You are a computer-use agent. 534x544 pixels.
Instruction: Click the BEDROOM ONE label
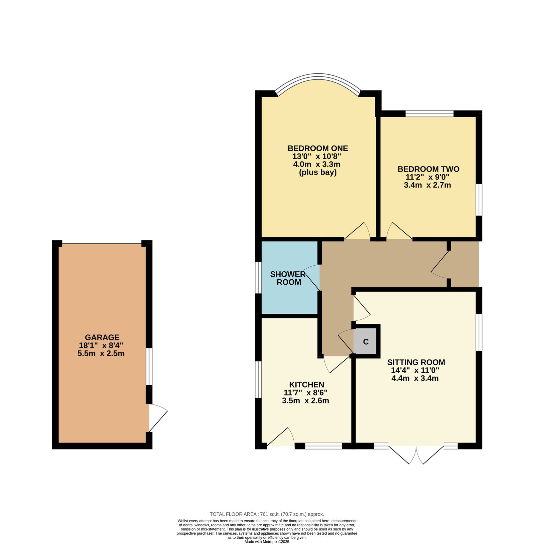[x=318, y=148]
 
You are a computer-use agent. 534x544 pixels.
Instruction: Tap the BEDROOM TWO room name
[x=428, y=169]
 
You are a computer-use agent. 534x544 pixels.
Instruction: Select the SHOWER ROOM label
[x=288, y=278]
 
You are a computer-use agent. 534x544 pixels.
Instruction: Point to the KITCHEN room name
[x=306, y=384]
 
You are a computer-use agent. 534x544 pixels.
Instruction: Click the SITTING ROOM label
[x=416, y=362]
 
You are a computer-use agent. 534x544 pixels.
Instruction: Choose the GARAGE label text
[x=102, y=337]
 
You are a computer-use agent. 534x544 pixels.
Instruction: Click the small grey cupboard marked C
[x=366, y=341]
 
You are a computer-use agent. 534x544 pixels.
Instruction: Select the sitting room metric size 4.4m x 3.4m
[x=415, y=378]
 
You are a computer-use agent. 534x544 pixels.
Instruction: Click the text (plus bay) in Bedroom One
[x=318, y=172]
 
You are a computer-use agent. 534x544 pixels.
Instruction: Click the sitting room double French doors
[x=416, y=454]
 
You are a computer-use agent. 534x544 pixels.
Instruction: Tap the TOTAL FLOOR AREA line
[x=267, y=514]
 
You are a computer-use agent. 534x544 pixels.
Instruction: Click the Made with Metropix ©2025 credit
[x=267, y=542]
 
